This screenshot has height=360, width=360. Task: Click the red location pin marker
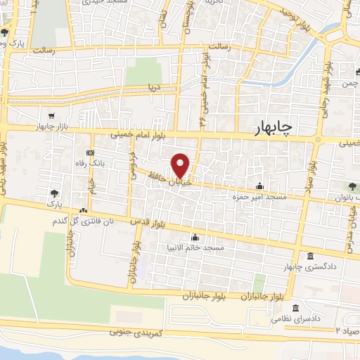tap(181, 165)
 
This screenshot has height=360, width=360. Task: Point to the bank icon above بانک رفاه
tap(90, 153)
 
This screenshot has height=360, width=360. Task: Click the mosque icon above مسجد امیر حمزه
tap(260, 186)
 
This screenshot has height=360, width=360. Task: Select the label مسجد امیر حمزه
tap(261, 198)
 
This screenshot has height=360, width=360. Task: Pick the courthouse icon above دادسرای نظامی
tap(295, 309)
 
